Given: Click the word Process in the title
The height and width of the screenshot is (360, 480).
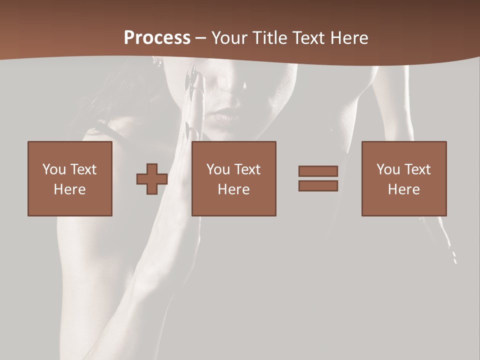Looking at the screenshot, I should click(157, 38).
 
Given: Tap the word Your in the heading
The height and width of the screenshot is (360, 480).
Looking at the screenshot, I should click(230, 38).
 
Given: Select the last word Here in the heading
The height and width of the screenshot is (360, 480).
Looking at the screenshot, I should click(349, 38).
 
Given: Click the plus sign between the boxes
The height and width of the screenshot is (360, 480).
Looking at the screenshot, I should click(152, 179).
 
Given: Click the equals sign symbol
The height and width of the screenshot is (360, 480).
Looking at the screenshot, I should click(318, 178).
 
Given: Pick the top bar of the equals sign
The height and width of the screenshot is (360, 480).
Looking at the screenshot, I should click(318, 171).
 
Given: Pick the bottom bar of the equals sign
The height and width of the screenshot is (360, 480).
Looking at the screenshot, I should click(318, 185).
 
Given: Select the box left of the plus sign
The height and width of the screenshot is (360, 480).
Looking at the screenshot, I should click(69, 178).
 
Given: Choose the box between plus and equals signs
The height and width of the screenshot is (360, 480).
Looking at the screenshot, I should click(233, 178).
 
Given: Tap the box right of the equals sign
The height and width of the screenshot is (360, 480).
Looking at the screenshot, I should click(403, 178).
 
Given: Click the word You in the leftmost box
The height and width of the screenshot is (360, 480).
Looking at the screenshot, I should click(53, 169).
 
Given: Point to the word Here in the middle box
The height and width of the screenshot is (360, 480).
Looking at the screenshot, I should click(233, 189).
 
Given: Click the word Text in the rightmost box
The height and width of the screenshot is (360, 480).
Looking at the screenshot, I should click(417, 169).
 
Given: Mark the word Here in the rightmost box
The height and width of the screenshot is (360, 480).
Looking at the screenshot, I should click(403, 189).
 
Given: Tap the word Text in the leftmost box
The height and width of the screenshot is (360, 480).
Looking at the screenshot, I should click(83, 169).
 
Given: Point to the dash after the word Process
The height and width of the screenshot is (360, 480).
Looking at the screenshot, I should click(200, 38).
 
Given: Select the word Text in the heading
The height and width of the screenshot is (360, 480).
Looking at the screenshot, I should click(308, 38).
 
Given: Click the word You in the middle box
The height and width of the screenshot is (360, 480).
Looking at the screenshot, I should click(217, 169).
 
